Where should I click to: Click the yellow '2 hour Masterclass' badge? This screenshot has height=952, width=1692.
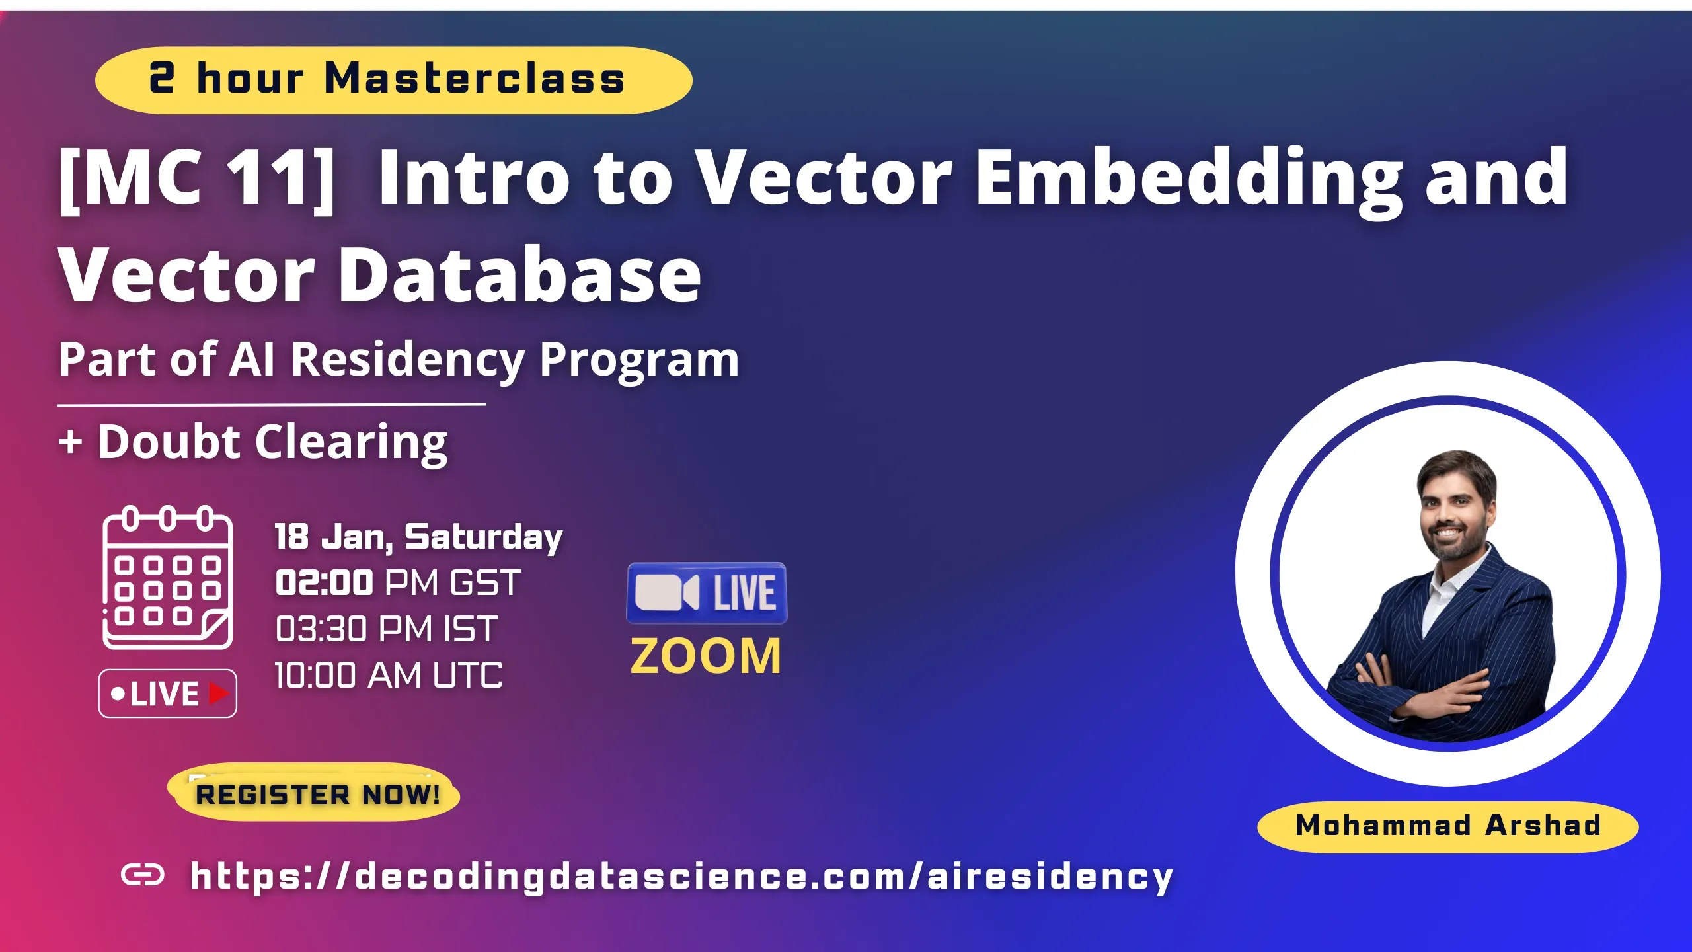point(393,80)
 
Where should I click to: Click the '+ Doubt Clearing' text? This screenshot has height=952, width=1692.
point(253,442)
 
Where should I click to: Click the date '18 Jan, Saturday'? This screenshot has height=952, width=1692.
point(418,536)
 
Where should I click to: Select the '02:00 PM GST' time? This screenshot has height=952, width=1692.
point(398,583)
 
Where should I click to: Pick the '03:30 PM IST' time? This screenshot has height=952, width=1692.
point(386,629)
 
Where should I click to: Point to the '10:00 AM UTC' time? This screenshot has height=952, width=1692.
point(389,676)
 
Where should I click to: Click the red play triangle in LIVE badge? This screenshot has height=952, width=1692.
point(219,694)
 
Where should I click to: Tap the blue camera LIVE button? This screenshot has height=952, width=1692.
point(707,593)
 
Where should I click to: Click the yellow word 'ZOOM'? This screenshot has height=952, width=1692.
point(706,656)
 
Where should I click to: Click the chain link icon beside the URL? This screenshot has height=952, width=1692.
point(143,875)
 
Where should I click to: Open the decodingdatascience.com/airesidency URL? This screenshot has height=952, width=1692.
point(681,877)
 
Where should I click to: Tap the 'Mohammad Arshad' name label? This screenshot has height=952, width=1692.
point(1447,826)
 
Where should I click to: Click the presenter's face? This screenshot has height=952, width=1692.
point(1456,512)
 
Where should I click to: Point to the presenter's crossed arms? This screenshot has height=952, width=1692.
point(1421,691)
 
